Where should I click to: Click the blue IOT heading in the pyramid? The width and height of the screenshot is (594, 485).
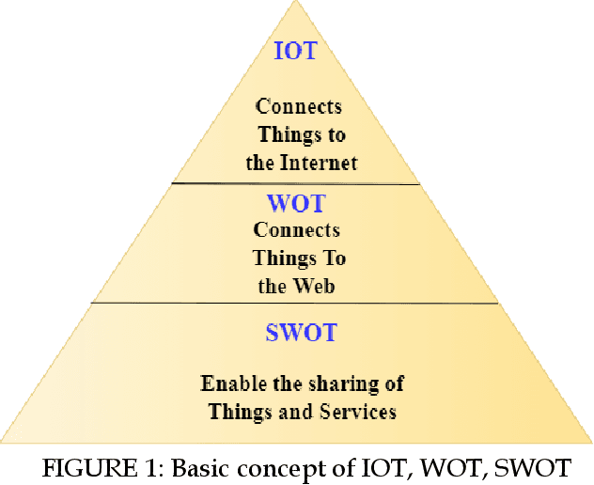tap(295, 51)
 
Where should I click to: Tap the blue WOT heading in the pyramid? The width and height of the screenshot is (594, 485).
tap(296, 202)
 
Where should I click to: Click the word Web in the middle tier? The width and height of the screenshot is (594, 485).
tap(316, 287)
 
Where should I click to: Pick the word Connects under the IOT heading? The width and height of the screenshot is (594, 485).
tap(299, 106)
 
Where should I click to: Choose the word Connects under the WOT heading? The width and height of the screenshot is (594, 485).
tap(297, 229)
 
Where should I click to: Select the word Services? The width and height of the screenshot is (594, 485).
tap(358, 411)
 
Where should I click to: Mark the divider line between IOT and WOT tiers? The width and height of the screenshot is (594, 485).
tap(295, 183)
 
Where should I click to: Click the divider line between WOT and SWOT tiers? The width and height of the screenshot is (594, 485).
tap(294, 303)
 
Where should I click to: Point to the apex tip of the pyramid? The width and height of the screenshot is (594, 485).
tap(296, 4)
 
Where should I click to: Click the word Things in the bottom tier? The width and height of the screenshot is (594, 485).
tap(242, 411)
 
